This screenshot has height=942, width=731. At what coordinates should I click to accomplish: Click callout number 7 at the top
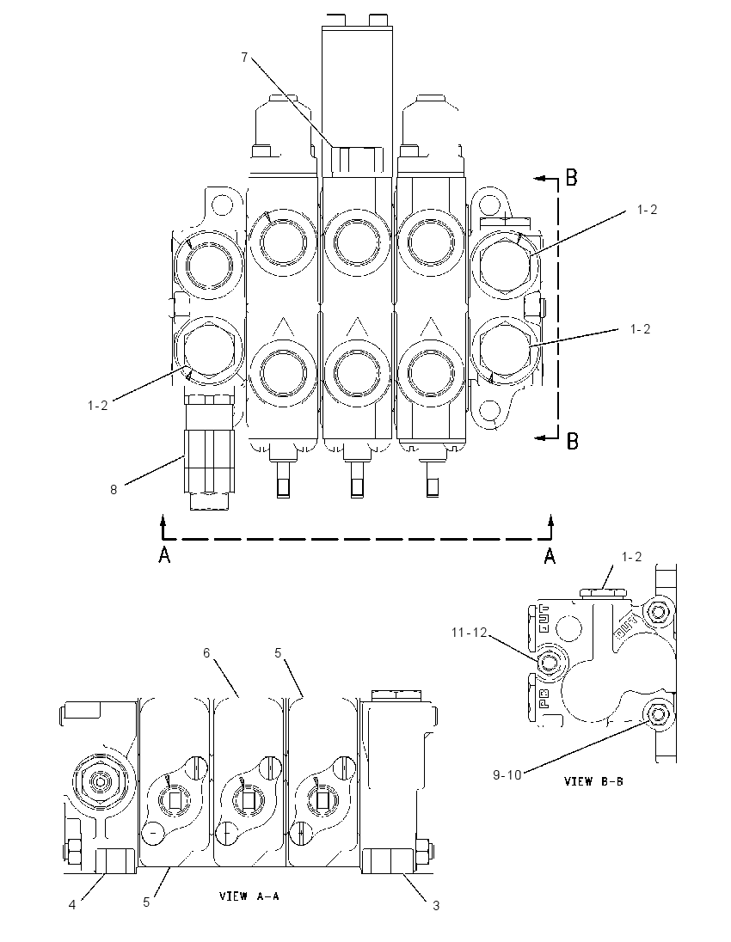click(x=244, y=57)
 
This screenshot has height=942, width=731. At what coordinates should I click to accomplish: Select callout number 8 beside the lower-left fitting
click(x=113, y=490)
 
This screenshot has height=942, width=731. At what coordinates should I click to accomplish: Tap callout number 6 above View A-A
click(x=206, y=653)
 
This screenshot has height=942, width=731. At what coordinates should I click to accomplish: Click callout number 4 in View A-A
click(x=72, y=905)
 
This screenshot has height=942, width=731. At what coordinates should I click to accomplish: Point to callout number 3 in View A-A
click(x=436, y=905)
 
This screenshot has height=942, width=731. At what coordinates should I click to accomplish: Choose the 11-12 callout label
click(x=470, y=632)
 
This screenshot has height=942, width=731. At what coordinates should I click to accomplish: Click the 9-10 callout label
click(x=507, y=775)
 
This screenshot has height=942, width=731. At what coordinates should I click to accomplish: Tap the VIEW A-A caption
click(x=249, y=896)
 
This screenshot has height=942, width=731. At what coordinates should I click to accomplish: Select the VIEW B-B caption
click(x=593, y=781)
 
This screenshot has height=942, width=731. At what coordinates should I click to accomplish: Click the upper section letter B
click(x=572, y=177)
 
